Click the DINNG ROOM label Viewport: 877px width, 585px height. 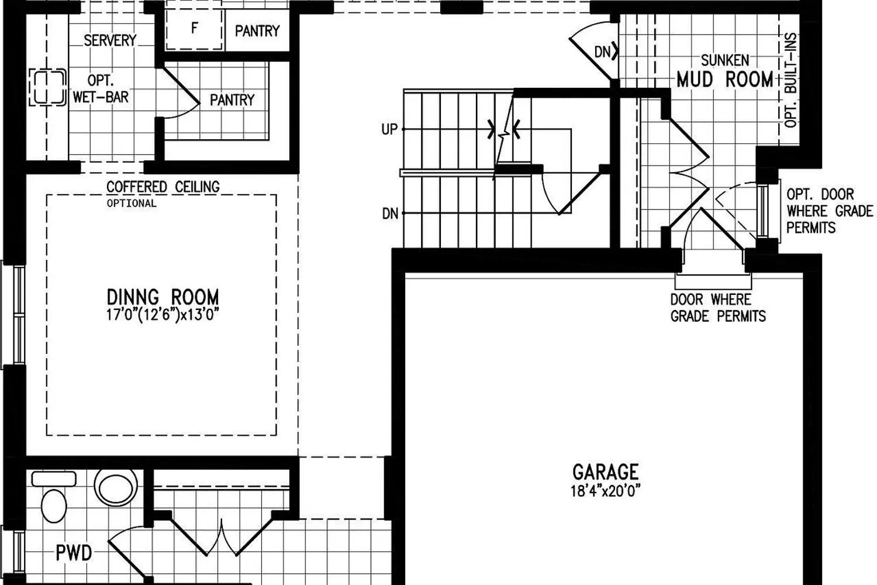point(163,297)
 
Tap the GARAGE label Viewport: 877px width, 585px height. point(605,472)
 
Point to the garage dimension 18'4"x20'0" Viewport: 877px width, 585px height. point(605,491)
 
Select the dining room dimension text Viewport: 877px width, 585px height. point(163,315)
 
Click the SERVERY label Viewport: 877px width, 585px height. point(110,40)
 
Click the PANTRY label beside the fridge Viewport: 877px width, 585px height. point(257,31)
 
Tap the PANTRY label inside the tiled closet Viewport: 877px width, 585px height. point(232,100)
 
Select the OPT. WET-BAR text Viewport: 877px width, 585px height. point(101,89)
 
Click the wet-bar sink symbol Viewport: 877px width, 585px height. point(47,87)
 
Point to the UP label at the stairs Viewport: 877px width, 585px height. point(389,129)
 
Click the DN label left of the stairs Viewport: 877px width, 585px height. point(390,214)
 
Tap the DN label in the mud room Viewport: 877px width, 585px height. point(602,51)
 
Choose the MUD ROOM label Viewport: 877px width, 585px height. point(725,80)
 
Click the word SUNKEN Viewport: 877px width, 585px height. point(725,60)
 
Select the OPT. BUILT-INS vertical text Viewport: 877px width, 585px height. point(791,80)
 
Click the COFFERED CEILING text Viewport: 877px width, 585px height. point(163,187)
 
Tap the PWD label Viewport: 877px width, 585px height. point(74,553)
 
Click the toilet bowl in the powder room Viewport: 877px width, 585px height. point(54,505)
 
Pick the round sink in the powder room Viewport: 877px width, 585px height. point(116,488)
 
